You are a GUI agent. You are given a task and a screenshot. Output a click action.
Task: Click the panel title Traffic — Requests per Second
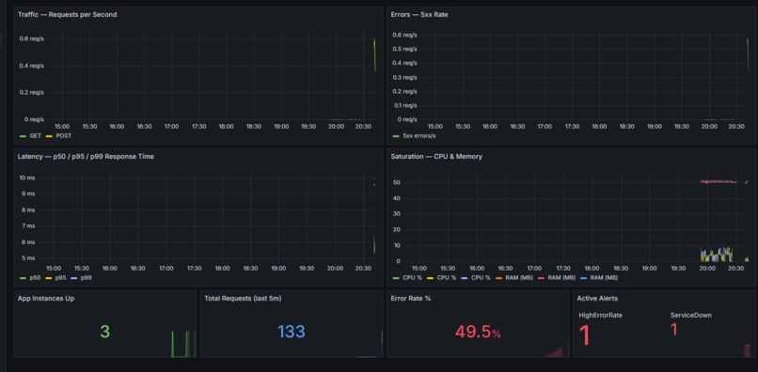67,15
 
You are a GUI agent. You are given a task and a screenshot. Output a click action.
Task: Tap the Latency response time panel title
86,156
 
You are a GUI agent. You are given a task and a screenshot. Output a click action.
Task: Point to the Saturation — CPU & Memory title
436,156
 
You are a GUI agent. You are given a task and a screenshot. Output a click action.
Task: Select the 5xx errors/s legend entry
420,136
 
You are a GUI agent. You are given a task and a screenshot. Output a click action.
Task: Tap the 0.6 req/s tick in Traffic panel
31,39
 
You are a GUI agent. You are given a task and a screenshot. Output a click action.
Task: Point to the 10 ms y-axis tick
27,178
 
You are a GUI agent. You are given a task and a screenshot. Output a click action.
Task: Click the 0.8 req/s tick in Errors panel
404,35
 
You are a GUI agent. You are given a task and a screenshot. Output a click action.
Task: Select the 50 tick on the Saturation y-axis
397,182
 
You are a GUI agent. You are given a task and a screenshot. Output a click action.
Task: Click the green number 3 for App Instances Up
104,332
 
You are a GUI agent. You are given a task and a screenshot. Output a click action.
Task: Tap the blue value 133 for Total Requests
292,332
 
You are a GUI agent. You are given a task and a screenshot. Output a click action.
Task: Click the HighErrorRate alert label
600,316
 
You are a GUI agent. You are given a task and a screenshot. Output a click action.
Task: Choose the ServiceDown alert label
690,316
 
